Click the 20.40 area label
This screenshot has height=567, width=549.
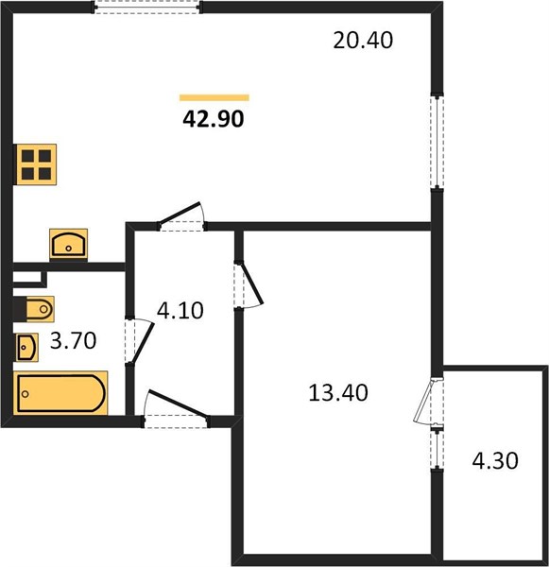pos(363,40)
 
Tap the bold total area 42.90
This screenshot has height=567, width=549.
pos(214,119)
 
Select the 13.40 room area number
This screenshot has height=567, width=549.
pos(338,393)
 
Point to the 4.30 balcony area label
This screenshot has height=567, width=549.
pos(495,461)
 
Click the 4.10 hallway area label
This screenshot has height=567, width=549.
pos(180,311)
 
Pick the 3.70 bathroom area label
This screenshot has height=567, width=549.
pos(73,340)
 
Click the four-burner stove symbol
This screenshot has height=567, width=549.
pos(36,164)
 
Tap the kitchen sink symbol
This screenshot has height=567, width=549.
pos(68,244)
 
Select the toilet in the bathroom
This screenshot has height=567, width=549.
pos(34,309)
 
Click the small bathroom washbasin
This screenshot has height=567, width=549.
pos(26,347)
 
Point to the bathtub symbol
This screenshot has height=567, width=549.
pos(60,393)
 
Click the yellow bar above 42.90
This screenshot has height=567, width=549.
pos(214,97)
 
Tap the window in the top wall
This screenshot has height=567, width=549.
pos(147,8)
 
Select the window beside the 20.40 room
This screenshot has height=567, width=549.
pos(437,142)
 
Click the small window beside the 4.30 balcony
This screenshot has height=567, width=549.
pos(437,449)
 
